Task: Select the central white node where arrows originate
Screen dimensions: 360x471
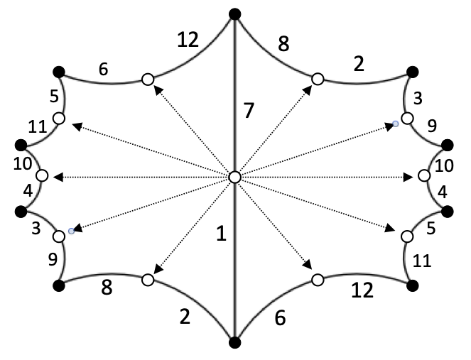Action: [x=235, y=177]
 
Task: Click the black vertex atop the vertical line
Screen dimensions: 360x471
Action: [x=235, y=13]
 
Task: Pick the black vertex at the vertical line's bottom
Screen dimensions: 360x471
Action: [x=235, y=344]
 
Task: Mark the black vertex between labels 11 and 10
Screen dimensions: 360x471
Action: [x=21, y=145]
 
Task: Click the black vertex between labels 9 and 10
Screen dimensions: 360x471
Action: [x=448, y=145]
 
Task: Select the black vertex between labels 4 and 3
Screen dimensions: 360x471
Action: [x=21, y=211]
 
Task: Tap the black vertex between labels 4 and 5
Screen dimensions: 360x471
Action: [x=448, y=211]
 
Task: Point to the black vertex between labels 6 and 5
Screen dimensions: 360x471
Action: [x=58, y=71]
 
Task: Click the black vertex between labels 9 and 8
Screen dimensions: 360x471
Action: [x=58, y=285]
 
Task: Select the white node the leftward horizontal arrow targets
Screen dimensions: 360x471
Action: [x=42, y=176]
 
